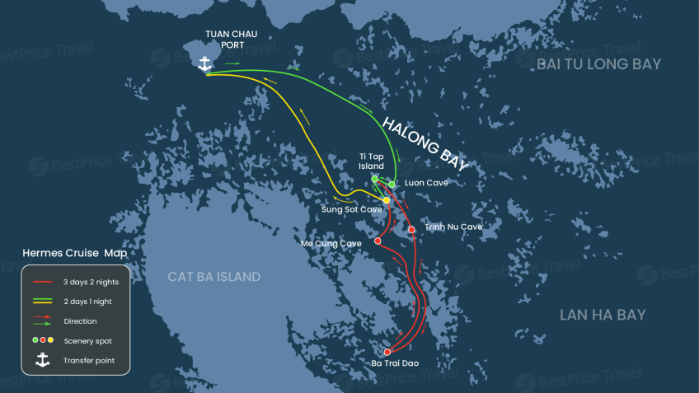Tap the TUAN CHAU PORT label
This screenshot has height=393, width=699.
point(232,39)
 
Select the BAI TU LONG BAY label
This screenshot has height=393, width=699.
point(598,64)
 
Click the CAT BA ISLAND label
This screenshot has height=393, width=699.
point(214,277)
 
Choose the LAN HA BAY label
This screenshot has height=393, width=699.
point(603,314)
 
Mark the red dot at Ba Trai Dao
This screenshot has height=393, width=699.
point(387,352)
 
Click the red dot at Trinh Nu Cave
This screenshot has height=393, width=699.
point(411,230)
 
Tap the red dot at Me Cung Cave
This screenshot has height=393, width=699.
point(378,241)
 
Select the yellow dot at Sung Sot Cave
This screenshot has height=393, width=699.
point(387,200)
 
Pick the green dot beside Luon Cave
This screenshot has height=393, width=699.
point(392,184)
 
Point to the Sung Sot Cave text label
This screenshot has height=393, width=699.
point(351,210)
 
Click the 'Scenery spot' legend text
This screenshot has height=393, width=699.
point(87,340)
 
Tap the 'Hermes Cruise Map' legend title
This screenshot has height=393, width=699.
point(75,252)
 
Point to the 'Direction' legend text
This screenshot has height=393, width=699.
point(80,321)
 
